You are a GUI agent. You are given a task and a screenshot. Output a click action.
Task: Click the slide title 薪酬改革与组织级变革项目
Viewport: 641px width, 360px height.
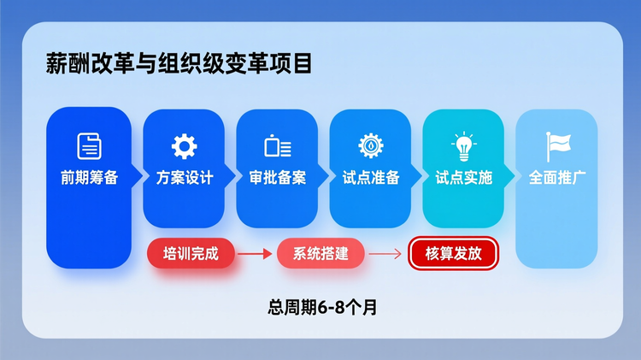coord(179,65)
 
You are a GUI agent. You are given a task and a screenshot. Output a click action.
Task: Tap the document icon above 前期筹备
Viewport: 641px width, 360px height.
coord(89,145)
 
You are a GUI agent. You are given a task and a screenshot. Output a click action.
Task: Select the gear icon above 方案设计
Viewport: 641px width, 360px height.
coord(184,146)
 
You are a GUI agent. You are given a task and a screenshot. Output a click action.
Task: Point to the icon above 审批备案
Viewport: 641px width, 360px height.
coord(278,146)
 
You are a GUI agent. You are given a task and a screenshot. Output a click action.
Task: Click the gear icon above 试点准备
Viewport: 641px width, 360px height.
coord(370,145)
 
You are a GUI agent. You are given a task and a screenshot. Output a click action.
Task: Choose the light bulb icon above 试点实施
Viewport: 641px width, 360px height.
coord(463,146)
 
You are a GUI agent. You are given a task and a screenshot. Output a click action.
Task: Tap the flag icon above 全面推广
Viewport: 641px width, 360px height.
coord(556,145)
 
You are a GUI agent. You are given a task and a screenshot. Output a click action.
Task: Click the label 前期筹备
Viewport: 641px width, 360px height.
coord(89,179)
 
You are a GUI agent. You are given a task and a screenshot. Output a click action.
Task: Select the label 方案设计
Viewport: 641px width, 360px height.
coord(184,179)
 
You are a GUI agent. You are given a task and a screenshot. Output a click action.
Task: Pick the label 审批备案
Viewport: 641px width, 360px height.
coord(278,179)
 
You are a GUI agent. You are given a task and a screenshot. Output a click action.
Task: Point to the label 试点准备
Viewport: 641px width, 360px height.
coord(370,179)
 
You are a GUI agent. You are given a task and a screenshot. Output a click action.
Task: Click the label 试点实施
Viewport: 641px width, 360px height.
coord(463,179)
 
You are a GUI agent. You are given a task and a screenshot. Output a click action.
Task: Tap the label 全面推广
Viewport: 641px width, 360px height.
coord(556,179)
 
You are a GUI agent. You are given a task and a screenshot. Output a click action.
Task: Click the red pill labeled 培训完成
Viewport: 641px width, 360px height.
coord(191,253)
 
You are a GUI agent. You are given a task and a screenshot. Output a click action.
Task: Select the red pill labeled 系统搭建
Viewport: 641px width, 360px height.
coord(321,253)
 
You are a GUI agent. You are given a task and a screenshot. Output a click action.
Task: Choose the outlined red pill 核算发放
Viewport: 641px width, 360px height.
coord(452,253)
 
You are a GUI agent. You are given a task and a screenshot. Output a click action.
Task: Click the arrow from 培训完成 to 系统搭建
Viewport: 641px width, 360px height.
coord(255,253)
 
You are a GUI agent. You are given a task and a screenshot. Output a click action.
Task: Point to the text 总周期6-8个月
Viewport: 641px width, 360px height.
coord(322,308)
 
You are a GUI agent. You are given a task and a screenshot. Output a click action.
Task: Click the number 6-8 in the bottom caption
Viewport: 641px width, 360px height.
coord(330,308)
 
